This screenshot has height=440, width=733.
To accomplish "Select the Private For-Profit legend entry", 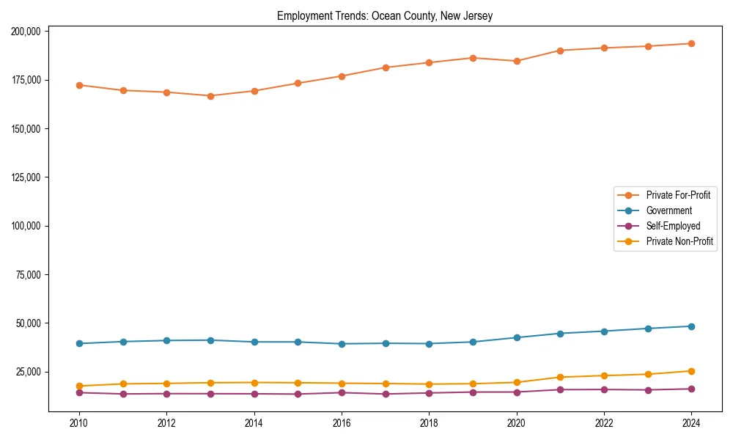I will pos(677,195).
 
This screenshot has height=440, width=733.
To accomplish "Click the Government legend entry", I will pos(668,210).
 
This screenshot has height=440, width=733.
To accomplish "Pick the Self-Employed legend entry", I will pos(673,226).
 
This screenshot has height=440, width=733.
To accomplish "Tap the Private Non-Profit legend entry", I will pos(679,241).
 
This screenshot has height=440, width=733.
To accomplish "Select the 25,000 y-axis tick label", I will pos(28,372).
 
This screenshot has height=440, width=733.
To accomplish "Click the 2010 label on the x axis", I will pos(79,423).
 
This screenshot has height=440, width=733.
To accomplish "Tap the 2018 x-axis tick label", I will pos(430,423).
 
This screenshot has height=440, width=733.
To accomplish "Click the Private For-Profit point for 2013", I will pos(210,96).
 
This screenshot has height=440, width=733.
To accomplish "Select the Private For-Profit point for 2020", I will pos(517,61).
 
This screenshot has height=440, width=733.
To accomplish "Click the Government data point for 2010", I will pos(79,343).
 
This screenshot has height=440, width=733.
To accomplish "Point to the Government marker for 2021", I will pos(561,334).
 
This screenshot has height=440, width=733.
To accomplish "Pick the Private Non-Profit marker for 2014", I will pos(254,383).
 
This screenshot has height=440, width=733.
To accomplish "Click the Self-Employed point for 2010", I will pos(79,392).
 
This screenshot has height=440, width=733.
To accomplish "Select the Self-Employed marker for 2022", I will pos(604,389).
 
